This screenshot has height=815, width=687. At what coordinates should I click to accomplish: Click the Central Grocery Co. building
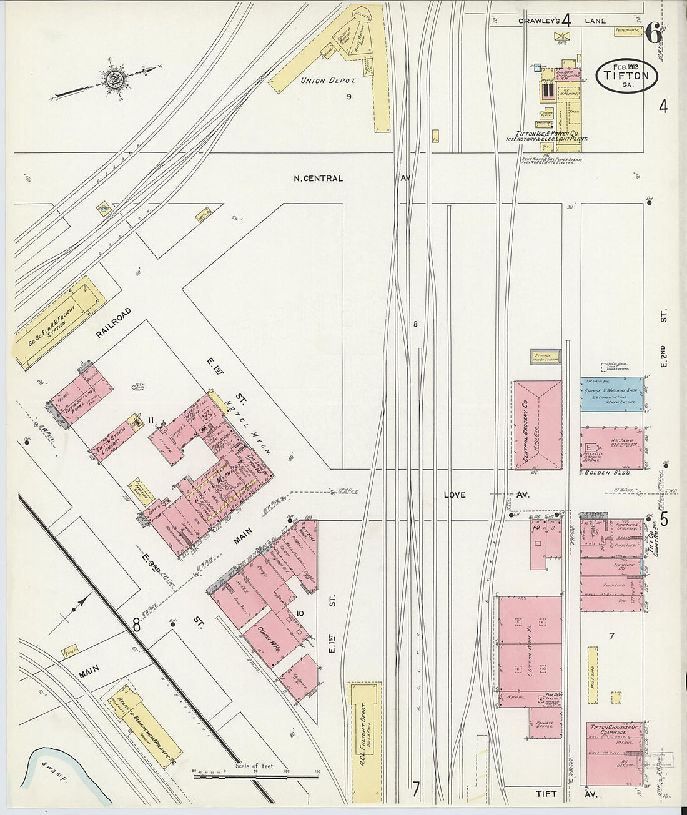pyautogui.click(x=538, y=425)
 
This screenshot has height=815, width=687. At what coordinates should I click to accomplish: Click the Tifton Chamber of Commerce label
pyautogui.click(x=615, y=729)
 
